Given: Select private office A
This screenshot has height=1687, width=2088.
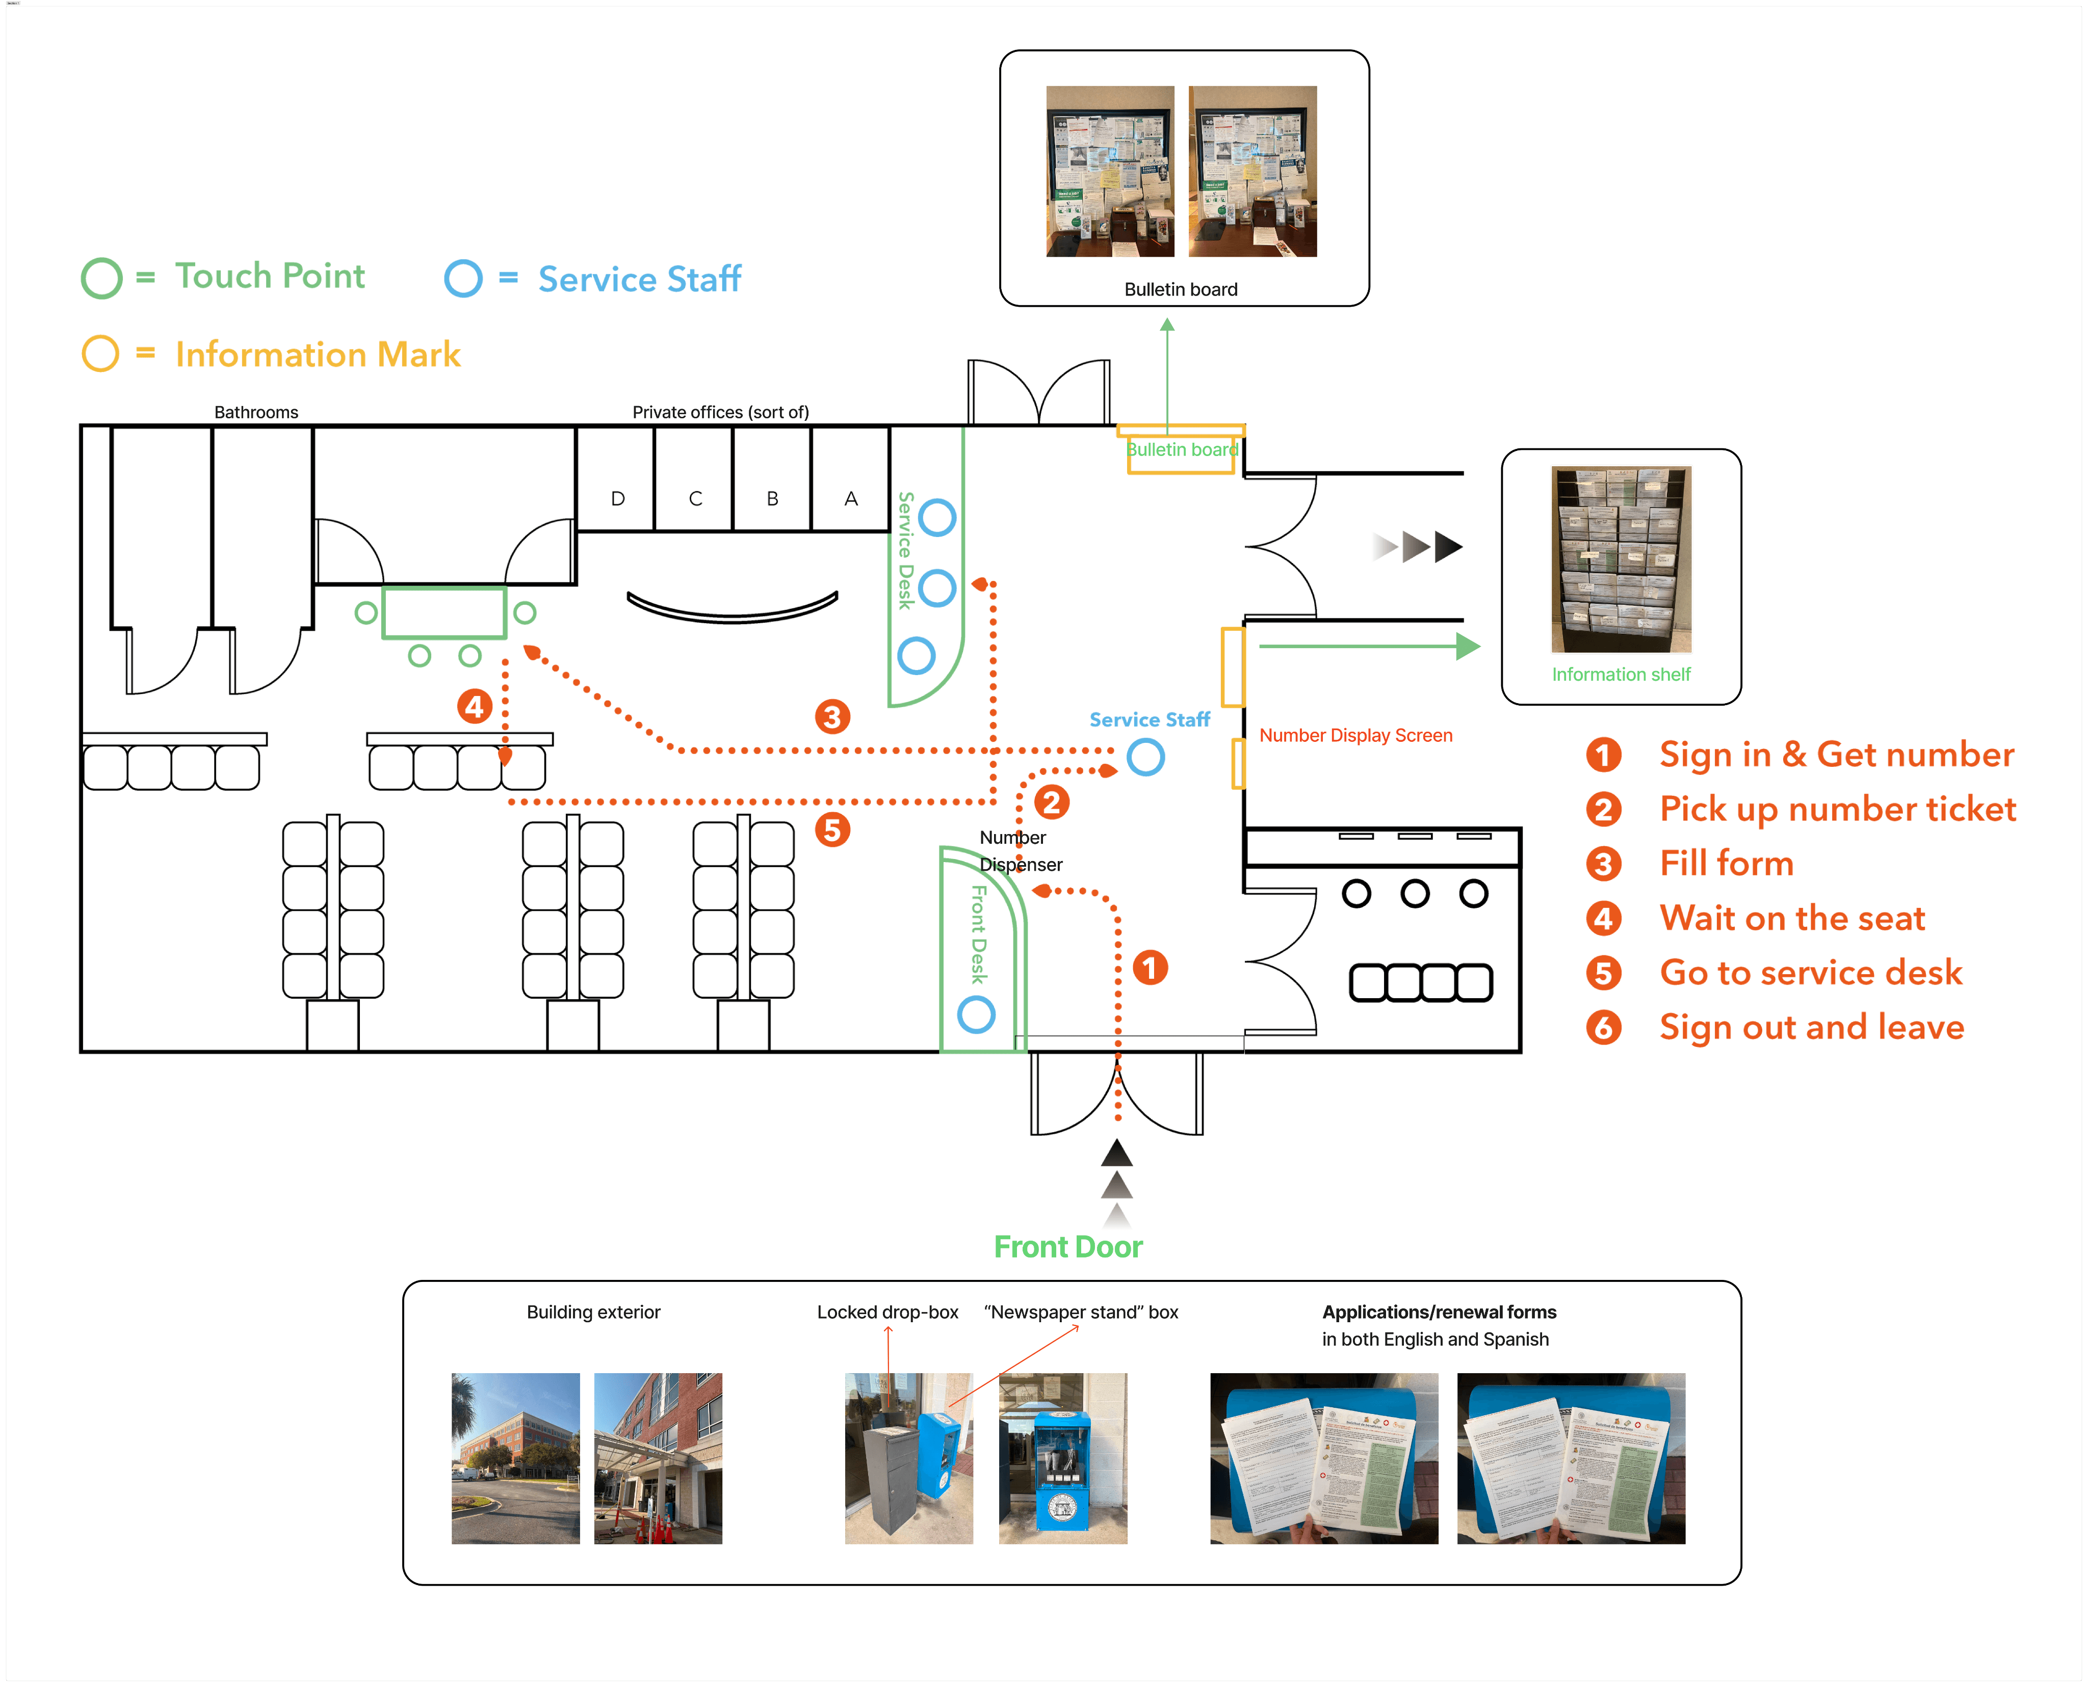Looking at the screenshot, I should tap(851, 498).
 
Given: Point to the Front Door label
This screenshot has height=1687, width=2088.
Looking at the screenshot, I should tap(1067, 1247).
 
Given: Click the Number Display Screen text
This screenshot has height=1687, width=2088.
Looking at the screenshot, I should tap(1355, 736).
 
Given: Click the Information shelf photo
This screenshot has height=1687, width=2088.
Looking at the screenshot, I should tap(1621, 560).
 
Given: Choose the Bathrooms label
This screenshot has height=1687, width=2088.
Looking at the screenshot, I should tap(256, 412).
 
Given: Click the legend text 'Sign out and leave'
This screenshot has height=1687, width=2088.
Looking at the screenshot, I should tap(1811, 1027).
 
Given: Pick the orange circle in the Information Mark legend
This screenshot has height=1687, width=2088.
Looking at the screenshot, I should tap(100, 354).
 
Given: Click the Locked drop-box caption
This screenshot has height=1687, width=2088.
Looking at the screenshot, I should tap(886, 1312).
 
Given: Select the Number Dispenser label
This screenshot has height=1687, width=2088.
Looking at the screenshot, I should tap(1020, 850).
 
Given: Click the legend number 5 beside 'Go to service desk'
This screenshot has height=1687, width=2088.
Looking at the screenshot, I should tap(1603, 973).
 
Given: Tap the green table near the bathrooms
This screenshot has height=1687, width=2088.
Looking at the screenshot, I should tap(444, 612).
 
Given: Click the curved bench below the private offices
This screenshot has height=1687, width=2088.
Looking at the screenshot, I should tap(732, 607).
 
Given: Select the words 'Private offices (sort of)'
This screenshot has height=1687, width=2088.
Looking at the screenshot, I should tap(720, 412).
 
